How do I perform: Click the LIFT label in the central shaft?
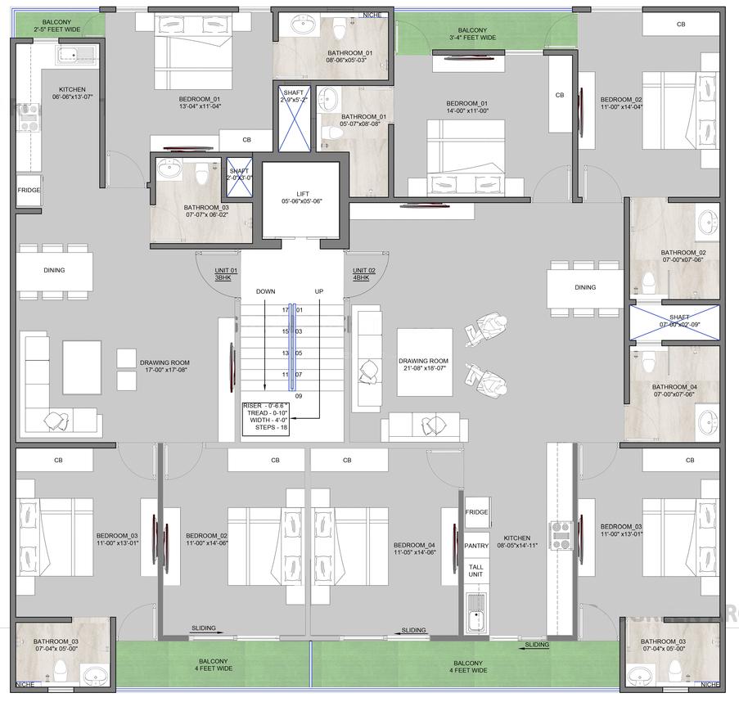300,196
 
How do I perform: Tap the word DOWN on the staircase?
265,291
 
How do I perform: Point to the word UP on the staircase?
319,291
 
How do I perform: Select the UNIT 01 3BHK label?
226,274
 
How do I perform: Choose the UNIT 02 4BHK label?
364,274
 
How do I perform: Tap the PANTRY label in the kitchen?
476,546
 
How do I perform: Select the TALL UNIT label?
476,570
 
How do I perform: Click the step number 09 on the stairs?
299,396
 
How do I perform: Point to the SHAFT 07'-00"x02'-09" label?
678,321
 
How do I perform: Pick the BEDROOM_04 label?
414,549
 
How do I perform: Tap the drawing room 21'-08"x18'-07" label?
423,365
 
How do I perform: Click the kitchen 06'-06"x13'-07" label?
72,93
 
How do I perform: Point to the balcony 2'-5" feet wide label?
57,25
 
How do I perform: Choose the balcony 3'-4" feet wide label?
472,34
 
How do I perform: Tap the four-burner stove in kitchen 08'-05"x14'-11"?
561,535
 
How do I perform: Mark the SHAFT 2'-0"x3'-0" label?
238,174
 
